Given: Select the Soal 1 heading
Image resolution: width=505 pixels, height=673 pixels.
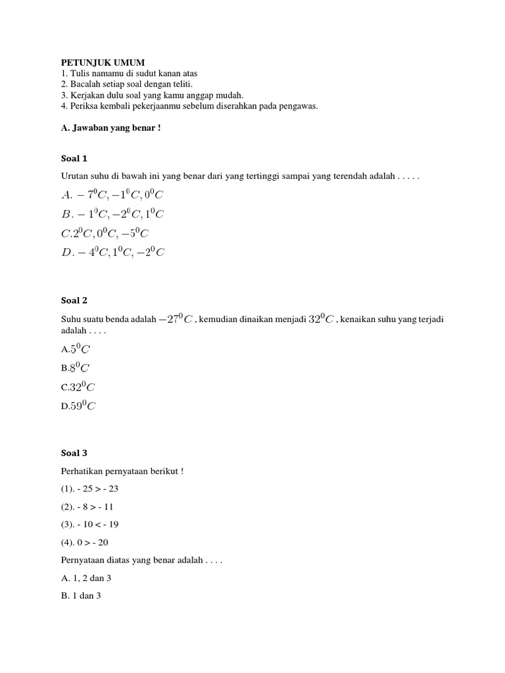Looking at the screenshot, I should [x=74, y=158].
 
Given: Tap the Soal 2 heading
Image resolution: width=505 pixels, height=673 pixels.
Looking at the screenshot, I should [x=74, y=300].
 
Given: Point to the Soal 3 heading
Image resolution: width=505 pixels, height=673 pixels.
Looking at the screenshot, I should [x=74, y=453].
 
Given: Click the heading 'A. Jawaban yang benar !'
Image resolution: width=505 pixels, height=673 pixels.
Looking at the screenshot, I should [x=110, y=128].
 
